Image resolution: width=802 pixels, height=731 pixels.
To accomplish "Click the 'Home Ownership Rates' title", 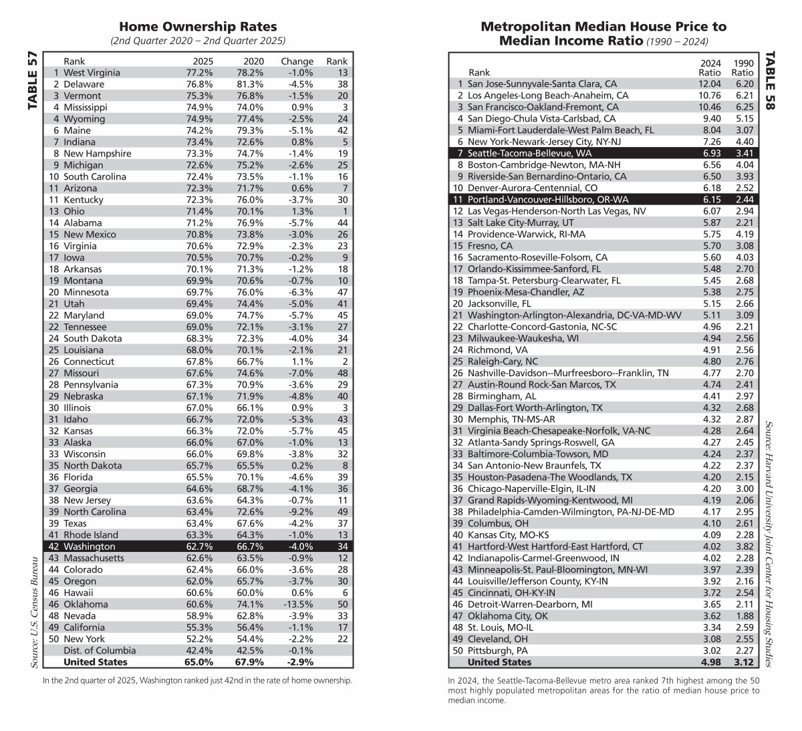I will click(x=197, y=27).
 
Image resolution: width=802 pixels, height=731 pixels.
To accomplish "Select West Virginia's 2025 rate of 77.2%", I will click(x=199, y=73).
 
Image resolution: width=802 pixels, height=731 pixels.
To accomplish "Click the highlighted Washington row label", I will click(x=89, y=547).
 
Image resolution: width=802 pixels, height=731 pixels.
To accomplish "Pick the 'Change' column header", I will click(x=297, y=61).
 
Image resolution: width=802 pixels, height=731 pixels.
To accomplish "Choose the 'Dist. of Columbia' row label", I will click(x=100, y=650).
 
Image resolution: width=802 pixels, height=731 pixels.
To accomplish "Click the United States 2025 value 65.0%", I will click(x=198, y=662).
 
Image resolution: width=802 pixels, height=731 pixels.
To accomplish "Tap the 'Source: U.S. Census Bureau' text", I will click(x=33, y=611).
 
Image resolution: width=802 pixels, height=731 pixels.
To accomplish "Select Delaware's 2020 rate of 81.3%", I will click(x=250, y=84).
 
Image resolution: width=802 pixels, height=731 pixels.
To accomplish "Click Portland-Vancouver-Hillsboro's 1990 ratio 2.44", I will click(x=743, y=200).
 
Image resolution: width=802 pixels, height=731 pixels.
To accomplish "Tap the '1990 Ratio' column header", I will click(x=742, y=67).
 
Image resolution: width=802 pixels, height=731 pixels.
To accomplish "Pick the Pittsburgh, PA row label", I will click(x=497, y=650).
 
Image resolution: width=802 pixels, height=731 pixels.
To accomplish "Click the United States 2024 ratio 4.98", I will click(x=710, y=662).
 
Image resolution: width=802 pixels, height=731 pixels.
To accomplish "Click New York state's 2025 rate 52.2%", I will click(x=199, y=639).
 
